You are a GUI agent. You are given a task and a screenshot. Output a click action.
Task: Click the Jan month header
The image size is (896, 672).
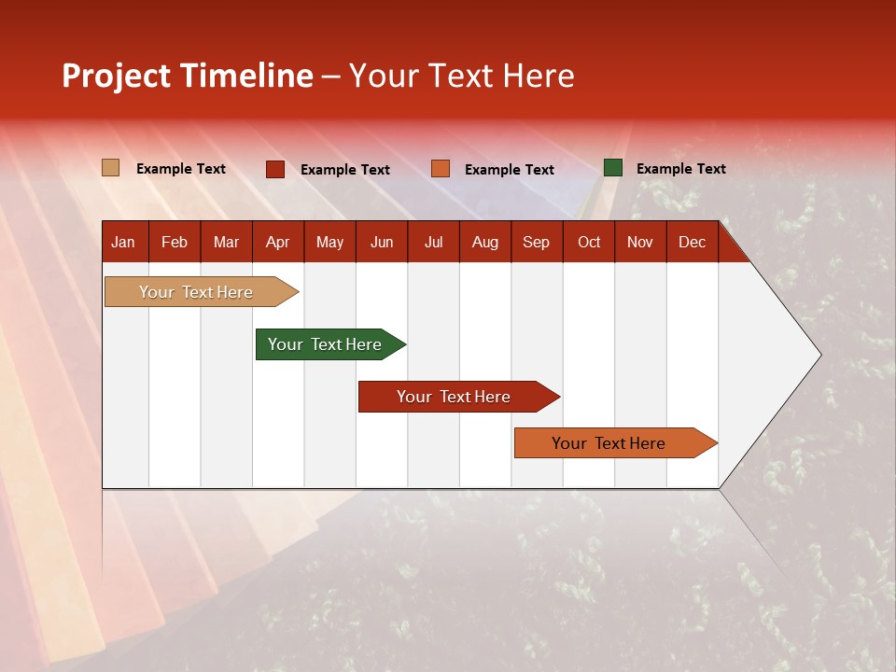(123, 242)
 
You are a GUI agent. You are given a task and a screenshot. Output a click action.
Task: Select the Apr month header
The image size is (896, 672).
(277, 242)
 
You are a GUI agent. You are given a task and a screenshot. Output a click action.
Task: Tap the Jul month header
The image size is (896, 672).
(433, 242)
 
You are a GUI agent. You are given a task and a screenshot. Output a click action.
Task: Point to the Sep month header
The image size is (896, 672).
(536, 242)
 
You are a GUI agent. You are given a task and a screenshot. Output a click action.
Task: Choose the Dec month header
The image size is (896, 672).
(692, 242)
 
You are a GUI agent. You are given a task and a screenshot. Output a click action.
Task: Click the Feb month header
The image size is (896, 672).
(175, 242)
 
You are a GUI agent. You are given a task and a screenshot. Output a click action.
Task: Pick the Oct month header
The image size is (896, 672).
(589, 242)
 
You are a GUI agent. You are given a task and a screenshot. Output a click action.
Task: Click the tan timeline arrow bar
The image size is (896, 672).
(196, 292)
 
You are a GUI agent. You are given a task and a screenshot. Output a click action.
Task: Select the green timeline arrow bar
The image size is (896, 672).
(325, 344)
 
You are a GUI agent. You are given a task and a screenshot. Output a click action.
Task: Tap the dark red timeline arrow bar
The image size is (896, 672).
(454, 397)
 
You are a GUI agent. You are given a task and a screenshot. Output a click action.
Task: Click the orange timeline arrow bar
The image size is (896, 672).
(609, 443)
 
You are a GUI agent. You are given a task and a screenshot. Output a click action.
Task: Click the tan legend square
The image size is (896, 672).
(111, 168)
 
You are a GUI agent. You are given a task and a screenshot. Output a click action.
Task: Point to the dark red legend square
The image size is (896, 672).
(275, 169)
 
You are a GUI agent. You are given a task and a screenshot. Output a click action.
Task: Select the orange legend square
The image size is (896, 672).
(441, 169)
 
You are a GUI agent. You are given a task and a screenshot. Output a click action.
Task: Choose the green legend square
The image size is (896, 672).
(613, 168)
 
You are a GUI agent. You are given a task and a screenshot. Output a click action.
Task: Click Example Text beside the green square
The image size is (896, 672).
(680, 169)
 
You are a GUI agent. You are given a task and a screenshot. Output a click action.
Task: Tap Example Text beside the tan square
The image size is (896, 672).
(181, 169)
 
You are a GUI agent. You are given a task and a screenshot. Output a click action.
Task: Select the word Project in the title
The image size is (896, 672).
(117, 76)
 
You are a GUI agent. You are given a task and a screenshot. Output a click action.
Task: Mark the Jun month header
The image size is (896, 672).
(381, 242)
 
